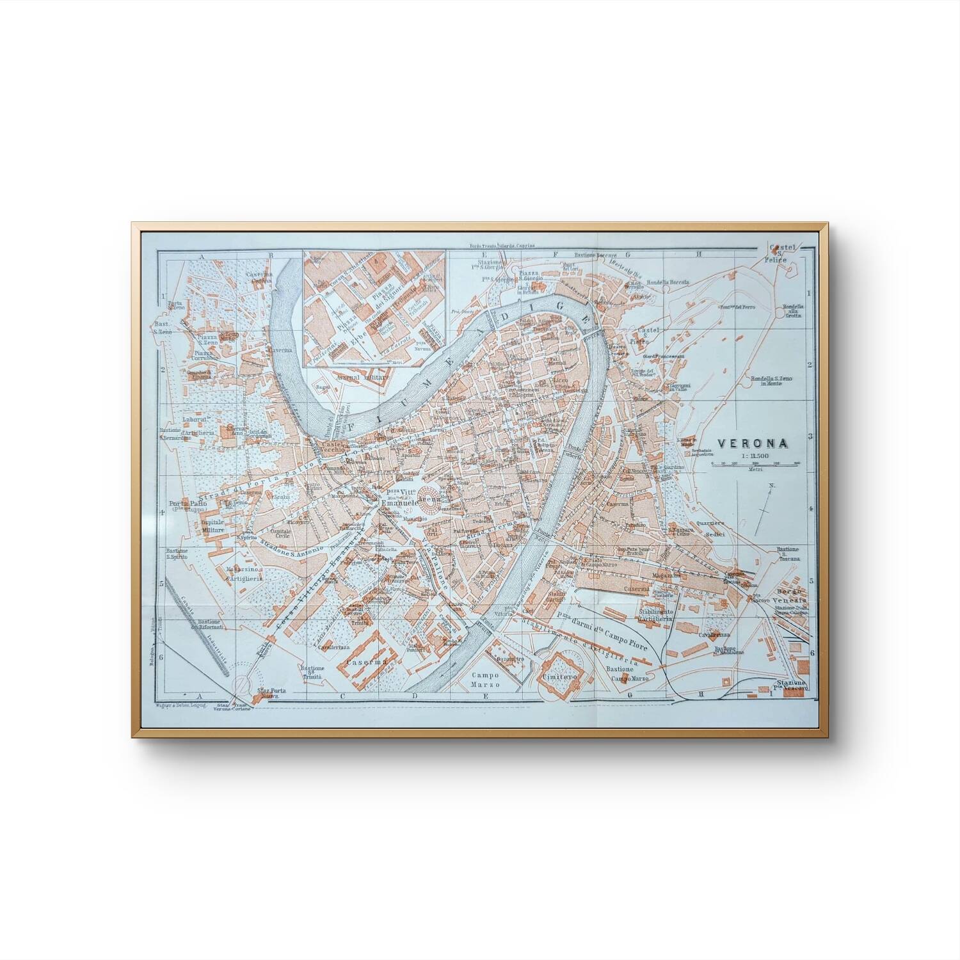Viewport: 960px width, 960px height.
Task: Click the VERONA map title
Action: [x=752, y=442]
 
